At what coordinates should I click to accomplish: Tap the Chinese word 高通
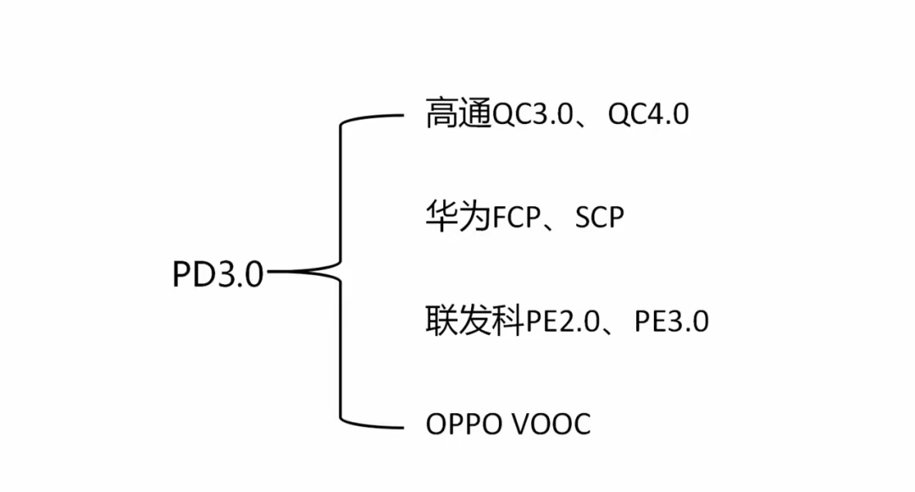click(x=458, y=113)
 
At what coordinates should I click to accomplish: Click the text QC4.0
click(x=648, y=114)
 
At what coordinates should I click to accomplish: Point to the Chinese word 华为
click(x=458, y=217)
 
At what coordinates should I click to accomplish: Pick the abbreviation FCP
click(x=517, y=218)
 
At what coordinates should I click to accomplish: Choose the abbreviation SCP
click(x=599, y=218)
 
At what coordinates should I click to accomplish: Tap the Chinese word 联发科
click(x=474, y=321)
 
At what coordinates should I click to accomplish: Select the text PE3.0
click(x=671, y=321)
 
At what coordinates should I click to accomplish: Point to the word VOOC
click(x=552, y=423)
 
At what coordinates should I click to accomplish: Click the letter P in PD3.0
click(x=182, y=275)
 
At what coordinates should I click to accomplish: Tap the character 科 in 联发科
click(x=507, y=321)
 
